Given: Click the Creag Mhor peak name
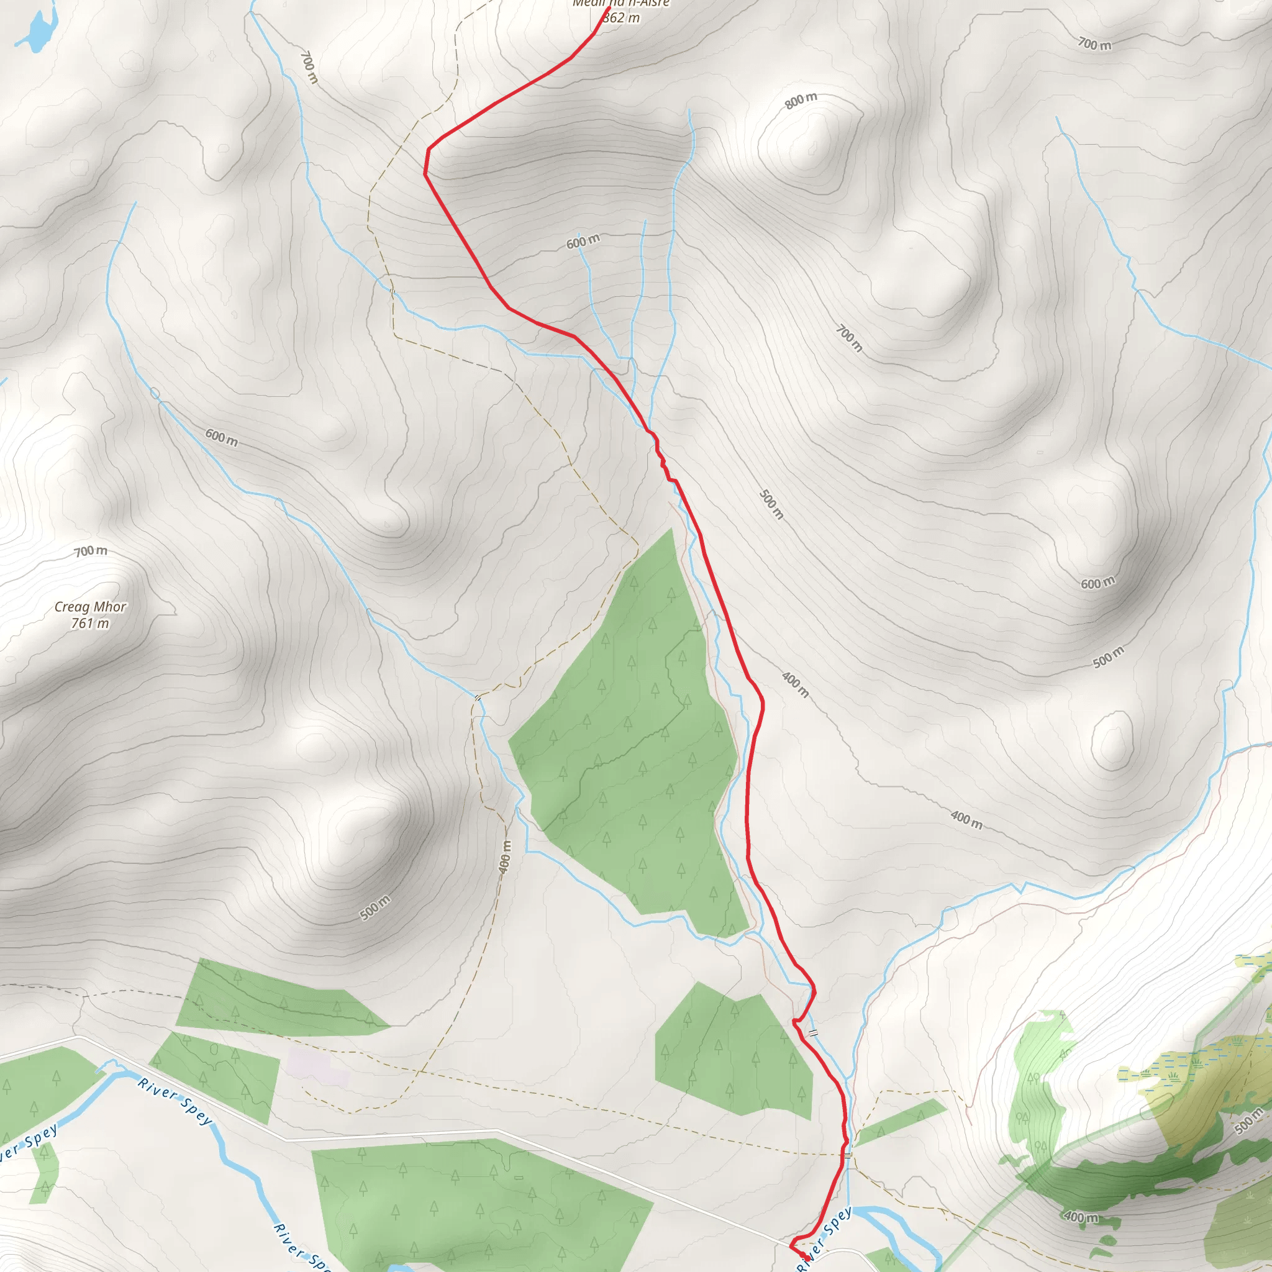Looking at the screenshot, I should (90, 606).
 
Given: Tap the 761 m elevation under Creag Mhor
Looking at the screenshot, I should (90, 623).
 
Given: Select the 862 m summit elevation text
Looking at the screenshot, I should (621, 18).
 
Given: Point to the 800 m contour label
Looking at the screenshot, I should (801, 100).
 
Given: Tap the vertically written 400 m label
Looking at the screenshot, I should (505, 856).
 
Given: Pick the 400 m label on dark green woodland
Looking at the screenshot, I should (1081, 1217).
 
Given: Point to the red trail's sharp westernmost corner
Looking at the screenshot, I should (425, 174).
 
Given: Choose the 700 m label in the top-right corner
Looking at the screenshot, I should (1094, 44).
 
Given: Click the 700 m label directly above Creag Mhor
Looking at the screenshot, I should (90, 550).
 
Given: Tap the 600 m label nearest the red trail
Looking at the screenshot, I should (583, 242).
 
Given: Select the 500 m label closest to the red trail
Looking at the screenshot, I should (771, 504).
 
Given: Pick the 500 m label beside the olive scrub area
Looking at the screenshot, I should (1248, 1120).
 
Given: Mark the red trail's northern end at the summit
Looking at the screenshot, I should (608, 9).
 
